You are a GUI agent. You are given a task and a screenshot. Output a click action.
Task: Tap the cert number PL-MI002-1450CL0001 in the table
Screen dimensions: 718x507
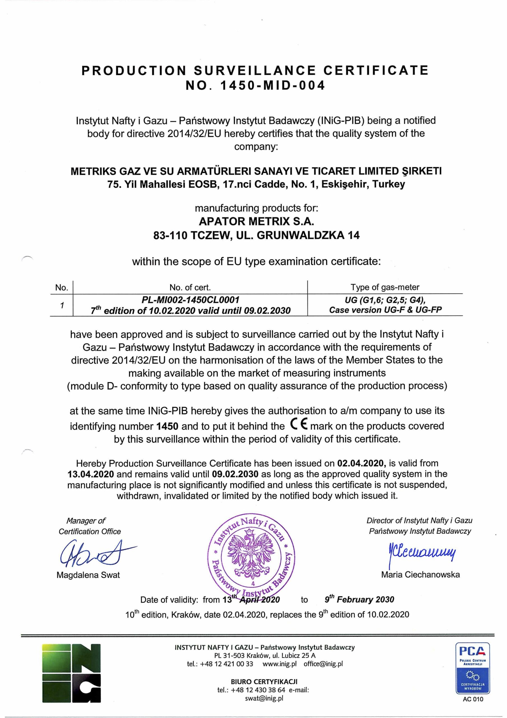coord(190,300)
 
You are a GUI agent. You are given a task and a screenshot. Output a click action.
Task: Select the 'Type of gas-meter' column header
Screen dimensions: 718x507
coord(385,287)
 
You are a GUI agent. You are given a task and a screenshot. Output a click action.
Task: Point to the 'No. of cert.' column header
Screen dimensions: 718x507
coord(190,287)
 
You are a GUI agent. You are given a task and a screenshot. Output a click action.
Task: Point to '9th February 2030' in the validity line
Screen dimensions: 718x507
coord(359,599)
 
